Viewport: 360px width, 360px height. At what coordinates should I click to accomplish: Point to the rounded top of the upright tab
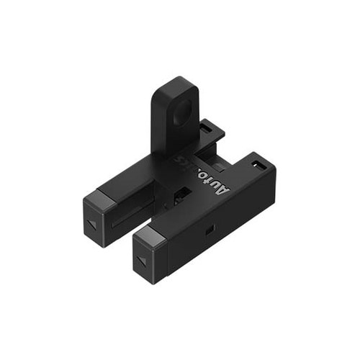175,82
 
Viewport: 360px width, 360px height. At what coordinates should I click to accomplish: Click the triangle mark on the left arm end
92,225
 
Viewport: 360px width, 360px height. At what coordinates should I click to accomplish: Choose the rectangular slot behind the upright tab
207,127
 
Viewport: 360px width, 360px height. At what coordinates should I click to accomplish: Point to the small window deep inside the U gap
183,193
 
